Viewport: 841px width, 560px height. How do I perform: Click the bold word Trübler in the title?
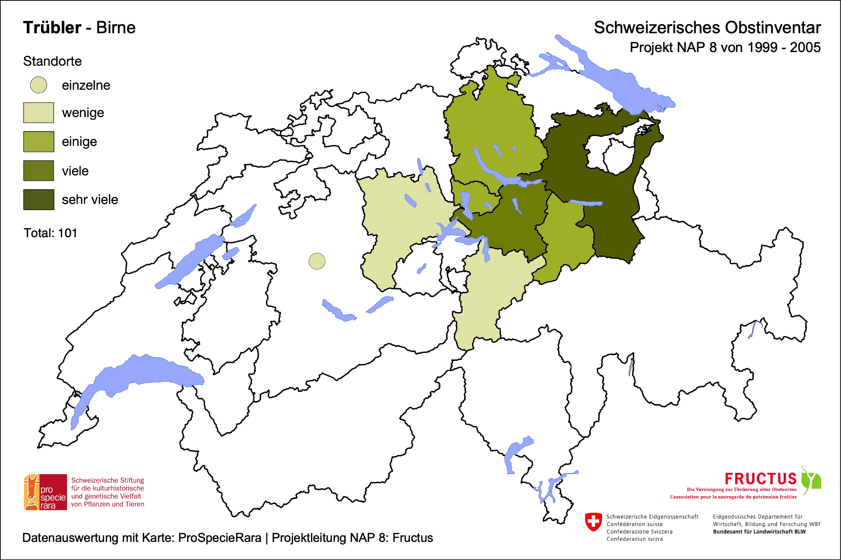(52, 28)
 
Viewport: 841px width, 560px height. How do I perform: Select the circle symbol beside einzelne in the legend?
(38, 85)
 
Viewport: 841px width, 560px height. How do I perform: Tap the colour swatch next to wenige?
(38, 113)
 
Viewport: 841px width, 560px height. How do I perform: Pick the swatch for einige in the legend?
(38, 141)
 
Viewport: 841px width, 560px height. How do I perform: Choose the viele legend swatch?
(38, 171)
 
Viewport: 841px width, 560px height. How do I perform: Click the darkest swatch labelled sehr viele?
(38, 199)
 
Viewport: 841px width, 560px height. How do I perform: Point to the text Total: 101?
(50, 233)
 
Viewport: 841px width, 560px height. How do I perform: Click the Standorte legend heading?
(52, 61)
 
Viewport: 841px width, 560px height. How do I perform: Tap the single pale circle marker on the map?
(317, 261)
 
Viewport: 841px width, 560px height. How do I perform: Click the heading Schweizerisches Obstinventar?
(707, 28)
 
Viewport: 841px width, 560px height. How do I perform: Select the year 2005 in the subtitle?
(805, 48)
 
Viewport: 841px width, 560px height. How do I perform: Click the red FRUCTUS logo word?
(760, 479)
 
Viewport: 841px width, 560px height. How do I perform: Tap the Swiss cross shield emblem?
(593, 522)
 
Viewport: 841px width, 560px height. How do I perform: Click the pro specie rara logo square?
(45, 492)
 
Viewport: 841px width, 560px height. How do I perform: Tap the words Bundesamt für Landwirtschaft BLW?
(759, 532)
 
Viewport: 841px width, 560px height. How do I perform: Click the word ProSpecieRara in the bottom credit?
(220, 538)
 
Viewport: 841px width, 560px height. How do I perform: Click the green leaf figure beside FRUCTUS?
(811, 479)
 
